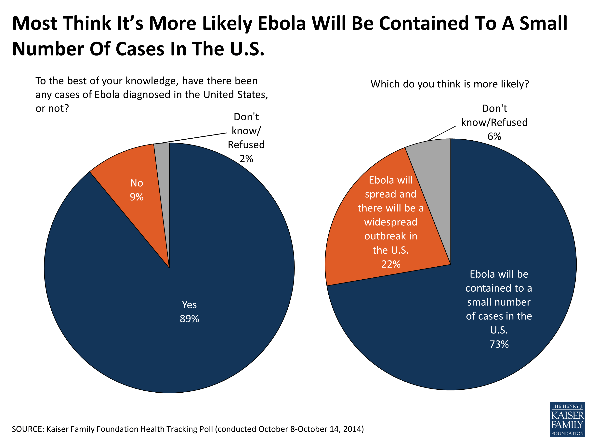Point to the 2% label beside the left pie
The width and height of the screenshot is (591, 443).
tap(246, 159)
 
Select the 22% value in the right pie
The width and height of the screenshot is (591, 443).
tap(391, 264)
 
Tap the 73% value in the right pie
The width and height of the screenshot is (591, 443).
tap(499, 344)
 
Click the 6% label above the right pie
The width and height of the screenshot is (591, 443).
tap(494, 136)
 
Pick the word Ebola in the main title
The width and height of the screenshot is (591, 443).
tap(281, 23)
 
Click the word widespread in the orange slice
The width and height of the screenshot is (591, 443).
tap(391, 222)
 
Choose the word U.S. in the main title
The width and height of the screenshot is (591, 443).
tap(247, 49)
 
